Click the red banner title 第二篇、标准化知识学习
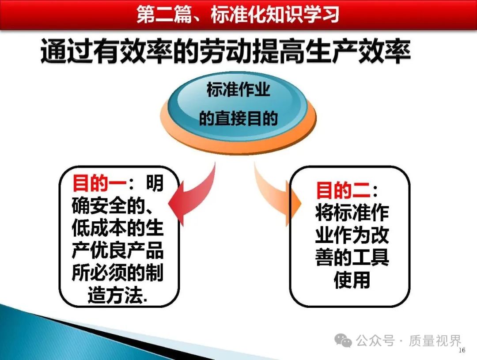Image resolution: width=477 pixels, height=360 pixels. [238, 14]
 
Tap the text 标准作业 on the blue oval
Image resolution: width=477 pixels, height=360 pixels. [238, 90]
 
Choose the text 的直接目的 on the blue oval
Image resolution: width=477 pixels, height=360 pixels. [238, 118]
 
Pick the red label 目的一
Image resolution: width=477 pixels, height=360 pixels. [99, 183]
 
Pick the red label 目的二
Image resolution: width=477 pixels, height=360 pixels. [343, 190]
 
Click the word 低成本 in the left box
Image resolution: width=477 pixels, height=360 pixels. [99, 228]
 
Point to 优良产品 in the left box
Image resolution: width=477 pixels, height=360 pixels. [127, 250]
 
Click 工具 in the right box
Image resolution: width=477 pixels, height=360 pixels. [371, 258]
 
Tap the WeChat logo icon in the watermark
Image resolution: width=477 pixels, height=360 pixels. [343, 340]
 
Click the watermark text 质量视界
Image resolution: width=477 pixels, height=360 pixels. [435, 341]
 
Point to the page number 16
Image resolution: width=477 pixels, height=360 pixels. [462, 350]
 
